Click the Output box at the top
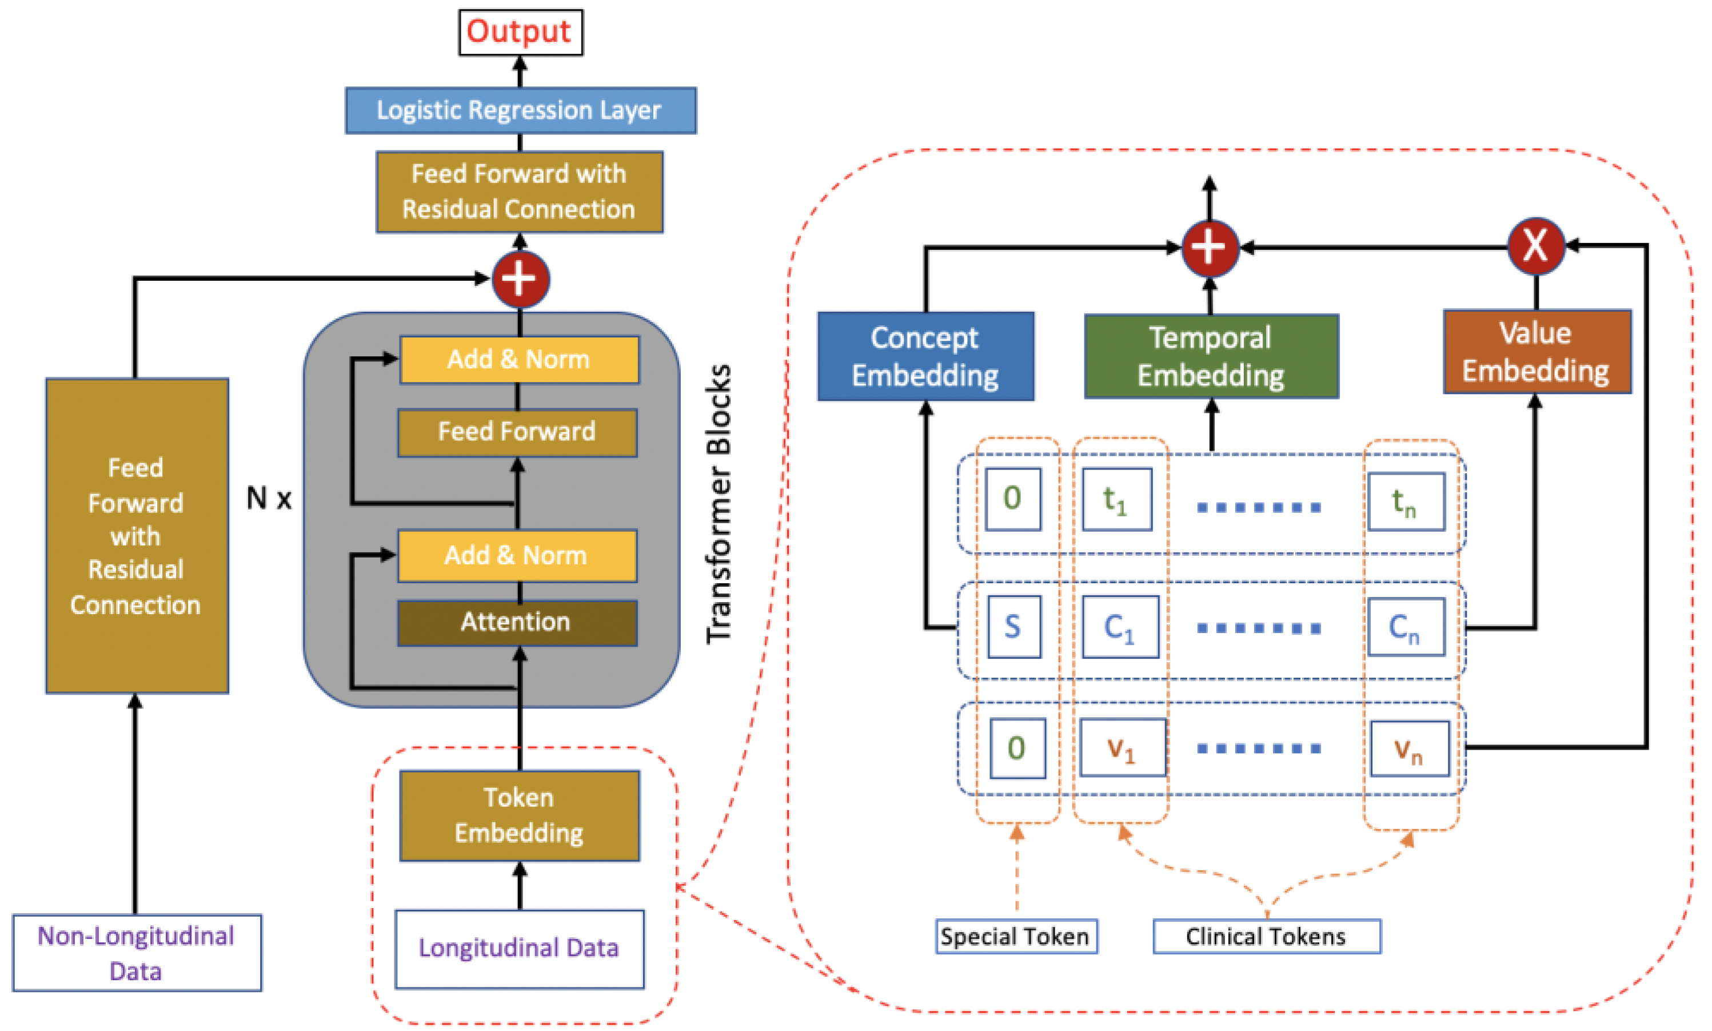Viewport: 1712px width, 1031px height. (520, 32)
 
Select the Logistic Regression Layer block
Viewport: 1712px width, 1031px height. (520, 110)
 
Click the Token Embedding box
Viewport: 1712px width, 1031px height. (520, 815)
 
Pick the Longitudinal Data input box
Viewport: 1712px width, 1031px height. (520, 948)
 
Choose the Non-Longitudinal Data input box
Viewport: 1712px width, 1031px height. (137, 953)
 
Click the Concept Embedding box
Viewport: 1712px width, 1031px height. (925, 356)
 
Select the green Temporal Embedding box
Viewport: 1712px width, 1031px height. (1211, 356)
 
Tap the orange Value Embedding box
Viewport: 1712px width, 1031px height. (1537, 352)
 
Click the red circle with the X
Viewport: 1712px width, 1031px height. (1535, 246)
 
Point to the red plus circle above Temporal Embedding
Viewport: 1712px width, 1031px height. (1210, 248)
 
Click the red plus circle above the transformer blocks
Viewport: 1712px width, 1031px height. (520, 279)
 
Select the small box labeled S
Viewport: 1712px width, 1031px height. (1013, 627)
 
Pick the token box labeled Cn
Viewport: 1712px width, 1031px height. (1405, 627)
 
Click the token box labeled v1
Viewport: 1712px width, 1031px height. (1122, 749)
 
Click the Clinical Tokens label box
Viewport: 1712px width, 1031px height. (1266, 937)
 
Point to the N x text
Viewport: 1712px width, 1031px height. (269, 498)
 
